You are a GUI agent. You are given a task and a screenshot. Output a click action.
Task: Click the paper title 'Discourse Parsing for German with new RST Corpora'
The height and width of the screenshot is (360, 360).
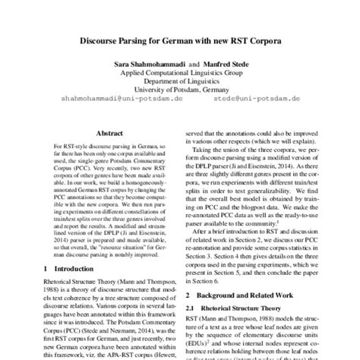[180, 39]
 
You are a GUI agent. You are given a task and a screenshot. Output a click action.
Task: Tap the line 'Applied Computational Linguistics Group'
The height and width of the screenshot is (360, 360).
[180, 77]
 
